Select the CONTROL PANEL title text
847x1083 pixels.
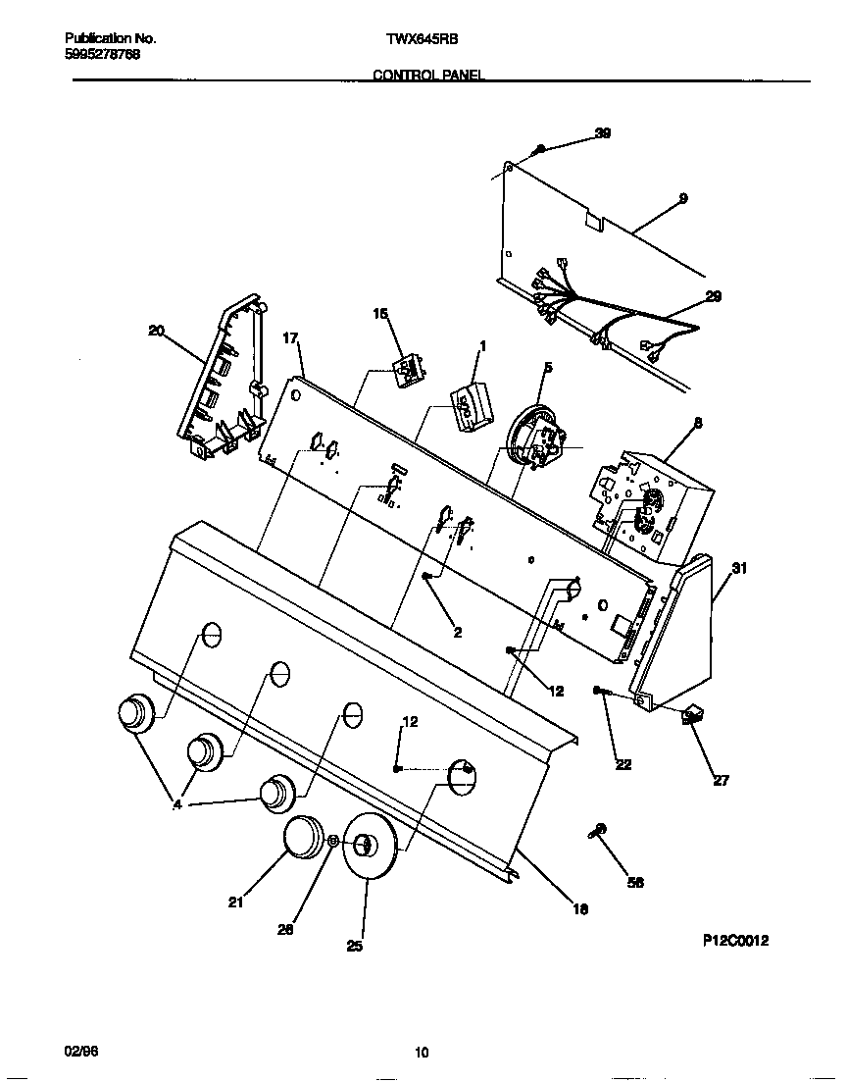point(428,76)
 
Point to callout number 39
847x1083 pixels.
point(603,133)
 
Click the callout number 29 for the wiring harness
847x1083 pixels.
point(714,296)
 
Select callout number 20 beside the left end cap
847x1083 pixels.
point(156,331)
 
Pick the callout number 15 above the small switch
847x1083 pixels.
point(380,313)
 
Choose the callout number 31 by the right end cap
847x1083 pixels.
point(739,568)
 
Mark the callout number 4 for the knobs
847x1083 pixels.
point(176,803)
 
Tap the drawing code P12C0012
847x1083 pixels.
point(735,940)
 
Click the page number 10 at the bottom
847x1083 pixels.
point(422,1054)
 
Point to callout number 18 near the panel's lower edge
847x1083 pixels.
point(580,909)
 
